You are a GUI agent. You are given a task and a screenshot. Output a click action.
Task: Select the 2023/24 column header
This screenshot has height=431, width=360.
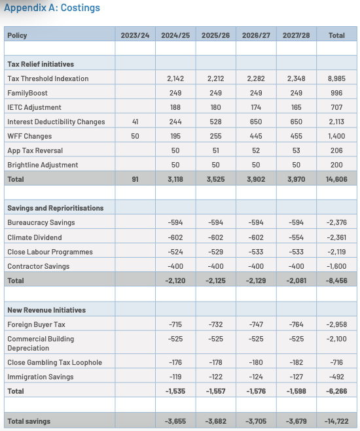tap(135, 35)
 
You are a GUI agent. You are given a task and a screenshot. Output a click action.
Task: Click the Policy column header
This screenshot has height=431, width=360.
tap(18, 35)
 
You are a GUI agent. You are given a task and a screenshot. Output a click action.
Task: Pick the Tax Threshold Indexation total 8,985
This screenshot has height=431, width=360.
tap(336, 78)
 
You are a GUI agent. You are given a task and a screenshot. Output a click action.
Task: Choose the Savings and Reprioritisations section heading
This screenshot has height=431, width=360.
tap(55, 208)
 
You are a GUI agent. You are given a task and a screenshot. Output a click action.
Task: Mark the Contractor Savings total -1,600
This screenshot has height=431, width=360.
tap(336, 266)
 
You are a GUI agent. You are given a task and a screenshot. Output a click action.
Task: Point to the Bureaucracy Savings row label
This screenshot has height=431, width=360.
tap(41, 223)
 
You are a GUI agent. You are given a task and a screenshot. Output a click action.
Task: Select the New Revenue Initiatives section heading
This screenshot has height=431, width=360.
tap(46, 309)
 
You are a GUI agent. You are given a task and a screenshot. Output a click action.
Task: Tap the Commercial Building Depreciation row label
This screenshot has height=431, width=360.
tap(40, 343)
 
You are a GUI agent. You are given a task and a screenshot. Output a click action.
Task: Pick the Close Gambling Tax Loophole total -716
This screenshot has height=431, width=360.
tap(337, 362)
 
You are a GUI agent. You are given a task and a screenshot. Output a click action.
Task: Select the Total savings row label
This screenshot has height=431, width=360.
tap(29, 421)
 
